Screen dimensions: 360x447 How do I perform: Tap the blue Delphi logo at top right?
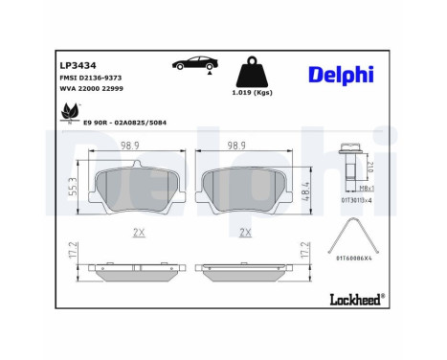pyautogui.click(x=342, y=74)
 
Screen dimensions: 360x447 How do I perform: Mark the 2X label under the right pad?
pyautogui.click(x=243, y=233)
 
